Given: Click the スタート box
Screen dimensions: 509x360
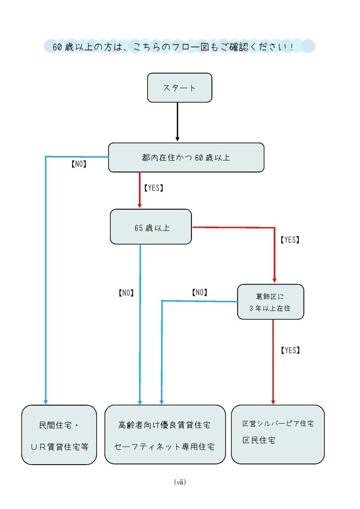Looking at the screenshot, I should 179,88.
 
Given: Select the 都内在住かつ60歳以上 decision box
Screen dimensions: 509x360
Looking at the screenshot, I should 186,157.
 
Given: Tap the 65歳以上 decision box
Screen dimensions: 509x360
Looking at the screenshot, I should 151,227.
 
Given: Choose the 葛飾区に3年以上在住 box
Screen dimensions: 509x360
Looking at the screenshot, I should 270,302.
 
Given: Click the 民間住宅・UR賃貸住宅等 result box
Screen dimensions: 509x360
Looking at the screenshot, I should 59,435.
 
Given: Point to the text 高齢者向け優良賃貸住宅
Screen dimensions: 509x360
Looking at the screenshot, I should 164,425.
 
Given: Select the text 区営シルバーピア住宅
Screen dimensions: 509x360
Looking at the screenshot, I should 278,423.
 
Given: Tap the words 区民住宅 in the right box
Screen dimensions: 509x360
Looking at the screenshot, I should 259,440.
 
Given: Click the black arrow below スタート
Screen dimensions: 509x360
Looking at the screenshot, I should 177,122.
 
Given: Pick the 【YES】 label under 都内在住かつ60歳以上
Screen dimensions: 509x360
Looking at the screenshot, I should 154,188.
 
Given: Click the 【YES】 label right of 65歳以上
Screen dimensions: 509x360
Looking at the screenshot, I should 290,239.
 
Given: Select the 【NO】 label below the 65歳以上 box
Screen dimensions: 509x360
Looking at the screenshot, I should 125,293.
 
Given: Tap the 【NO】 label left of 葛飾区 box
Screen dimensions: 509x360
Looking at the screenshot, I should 199,292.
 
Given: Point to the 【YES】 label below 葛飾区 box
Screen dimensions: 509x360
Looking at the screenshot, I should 290,350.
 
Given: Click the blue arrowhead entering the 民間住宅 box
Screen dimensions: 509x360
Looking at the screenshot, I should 46,401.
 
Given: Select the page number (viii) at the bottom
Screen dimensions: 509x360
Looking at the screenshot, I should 179,482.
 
